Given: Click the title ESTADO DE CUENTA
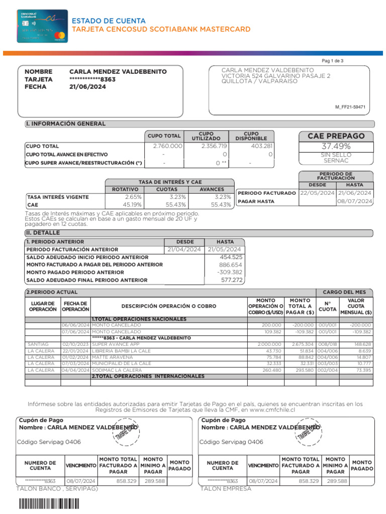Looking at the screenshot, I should (109, 21).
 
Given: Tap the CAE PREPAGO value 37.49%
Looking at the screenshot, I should (336, 147).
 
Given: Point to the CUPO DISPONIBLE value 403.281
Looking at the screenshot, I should (261, 146).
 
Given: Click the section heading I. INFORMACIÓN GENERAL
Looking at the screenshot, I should (65, 124).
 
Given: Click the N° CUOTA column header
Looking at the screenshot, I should (327, 307).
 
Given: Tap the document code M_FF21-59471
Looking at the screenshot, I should (350, 107).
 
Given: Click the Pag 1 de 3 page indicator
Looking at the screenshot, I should (333, 61).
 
